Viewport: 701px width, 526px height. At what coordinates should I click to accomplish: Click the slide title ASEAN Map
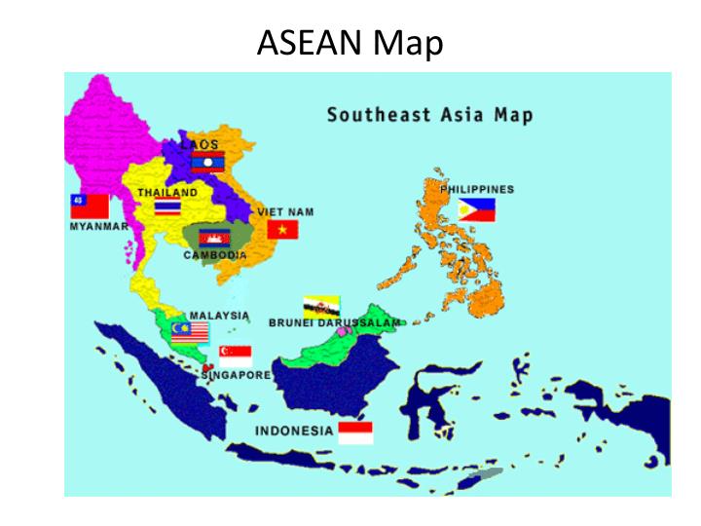350,42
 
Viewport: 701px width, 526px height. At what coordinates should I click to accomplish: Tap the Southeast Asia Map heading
429,115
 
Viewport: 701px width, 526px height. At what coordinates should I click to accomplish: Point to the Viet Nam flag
281,229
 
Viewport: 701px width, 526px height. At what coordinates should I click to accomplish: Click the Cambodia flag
213,238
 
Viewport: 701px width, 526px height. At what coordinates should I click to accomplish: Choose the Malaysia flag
191,332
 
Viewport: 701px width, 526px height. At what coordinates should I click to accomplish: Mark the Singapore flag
236,356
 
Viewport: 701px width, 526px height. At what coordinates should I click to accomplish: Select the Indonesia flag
355,432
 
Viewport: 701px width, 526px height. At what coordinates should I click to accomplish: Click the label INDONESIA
294,430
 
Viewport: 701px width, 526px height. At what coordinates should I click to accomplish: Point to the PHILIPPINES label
477,189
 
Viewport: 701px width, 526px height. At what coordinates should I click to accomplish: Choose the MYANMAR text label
98,226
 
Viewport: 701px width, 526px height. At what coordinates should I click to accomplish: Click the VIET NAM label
285,211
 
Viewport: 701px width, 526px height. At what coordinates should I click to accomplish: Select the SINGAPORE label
237,374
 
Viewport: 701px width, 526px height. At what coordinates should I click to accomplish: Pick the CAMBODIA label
215,255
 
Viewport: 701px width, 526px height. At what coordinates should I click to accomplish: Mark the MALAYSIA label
219,316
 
